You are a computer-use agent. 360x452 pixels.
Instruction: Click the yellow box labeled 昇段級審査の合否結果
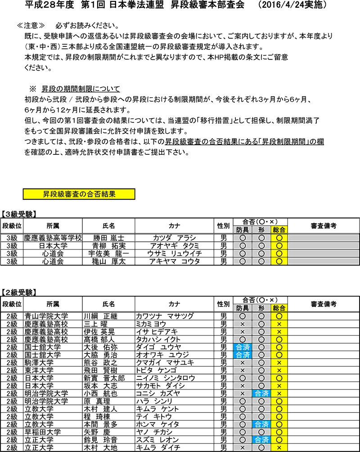click(x=79, y=194)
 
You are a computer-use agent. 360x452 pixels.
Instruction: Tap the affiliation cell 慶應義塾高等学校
click(x=53, y=238)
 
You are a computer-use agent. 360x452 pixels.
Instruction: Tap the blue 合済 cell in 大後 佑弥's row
click(x=243, y=347)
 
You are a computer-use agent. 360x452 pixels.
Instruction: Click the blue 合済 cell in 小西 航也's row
click(x=261, y=393)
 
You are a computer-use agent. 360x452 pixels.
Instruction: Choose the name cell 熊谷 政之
click(x=101, y=362)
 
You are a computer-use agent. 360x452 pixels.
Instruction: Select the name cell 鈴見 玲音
click(x=101, y=439)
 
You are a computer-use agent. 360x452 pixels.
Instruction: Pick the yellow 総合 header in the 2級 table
click(x=279, y=308)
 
